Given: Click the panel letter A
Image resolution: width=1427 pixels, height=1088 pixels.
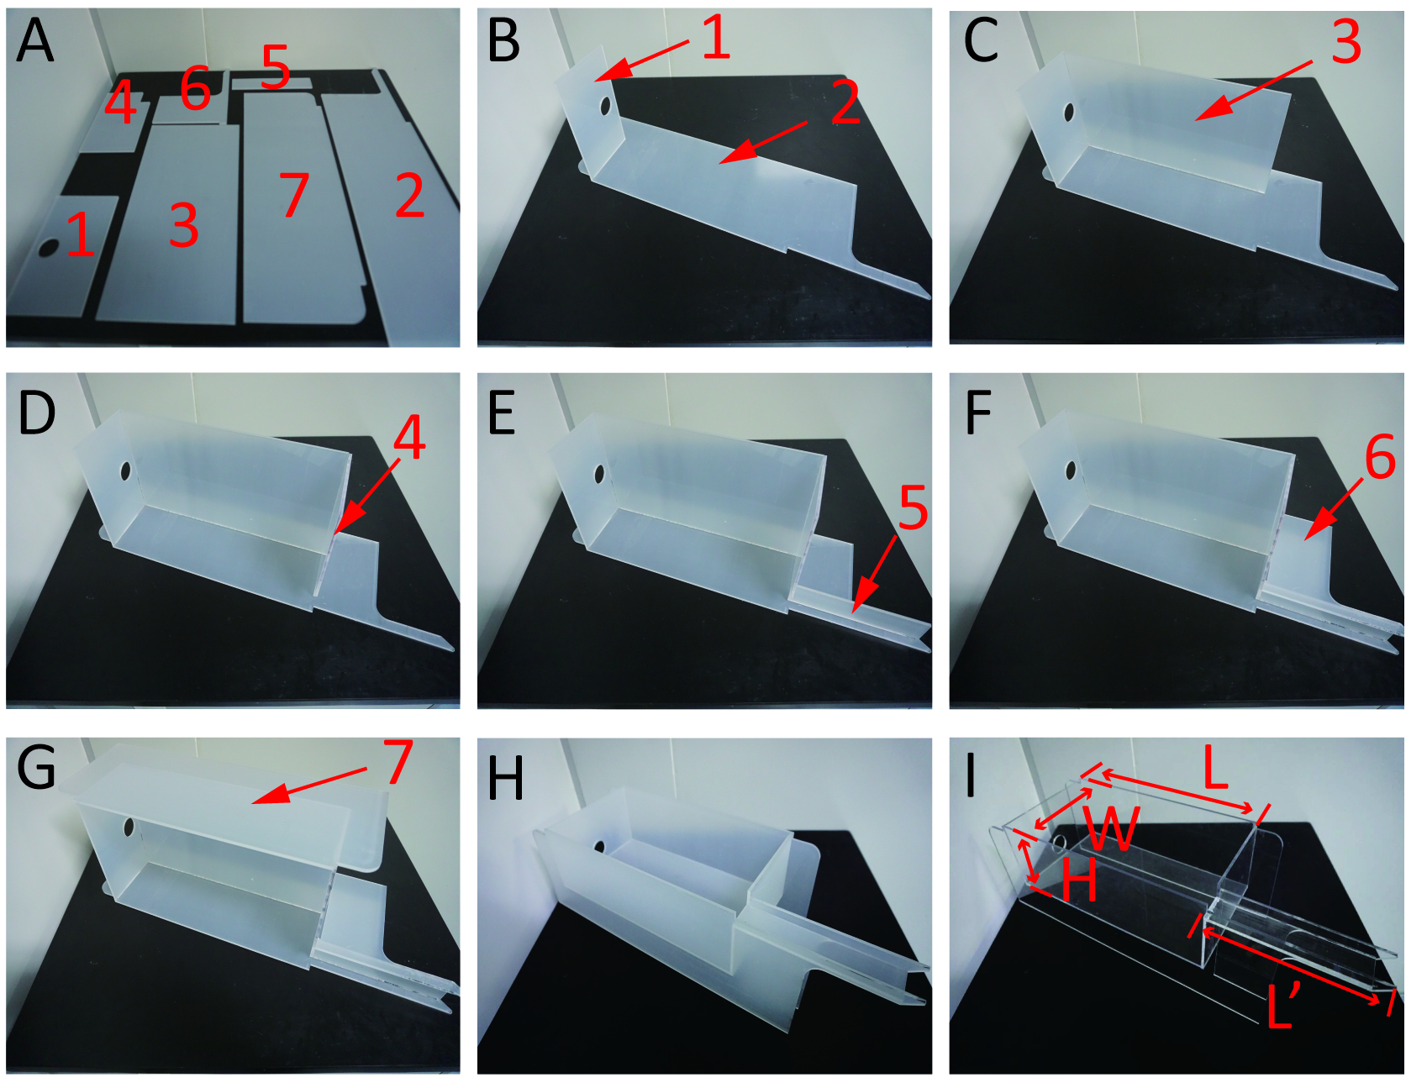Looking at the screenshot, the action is pyautogui.click(x=34, y=40).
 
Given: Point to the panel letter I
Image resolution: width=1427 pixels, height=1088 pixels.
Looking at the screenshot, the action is pyautogui.click(x=971, y=774).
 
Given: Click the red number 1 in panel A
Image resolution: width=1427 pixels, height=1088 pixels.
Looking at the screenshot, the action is pyautogui.click(x=79, y=234).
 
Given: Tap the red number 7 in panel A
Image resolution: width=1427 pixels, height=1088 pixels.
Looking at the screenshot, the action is pyautogui.click(x=294, y=194).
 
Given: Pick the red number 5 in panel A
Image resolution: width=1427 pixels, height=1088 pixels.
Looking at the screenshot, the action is pyautogui.click(x=276, y=66).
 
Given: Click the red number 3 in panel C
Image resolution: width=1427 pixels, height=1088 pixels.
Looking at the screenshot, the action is pyautogui.click(x=1345, y=41).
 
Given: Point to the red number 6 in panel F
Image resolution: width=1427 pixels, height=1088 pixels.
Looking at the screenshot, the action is pyautogui.click(x=1380, y=457).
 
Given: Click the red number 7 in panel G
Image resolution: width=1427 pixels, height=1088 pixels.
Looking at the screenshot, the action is pyautogui.click(x=398, y=761).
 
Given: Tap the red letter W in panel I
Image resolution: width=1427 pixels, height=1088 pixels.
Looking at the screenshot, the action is pyautogui.click(x=1111, y=828).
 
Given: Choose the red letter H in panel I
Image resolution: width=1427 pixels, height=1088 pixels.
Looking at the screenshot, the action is pyautogui.click(x=1079, y=880).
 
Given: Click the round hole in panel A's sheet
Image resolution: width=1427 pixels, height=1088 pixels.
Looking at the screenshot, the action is pyautogui.click(x=49, y=248).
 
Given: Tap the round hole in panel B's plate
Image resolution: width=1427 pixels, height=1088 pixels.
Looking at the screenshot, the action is pyautogui.click(x=605, y=106).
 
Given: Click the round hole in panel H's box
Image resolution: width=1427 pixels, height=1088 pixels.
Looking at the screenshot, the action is pyautogui.click(x=600, y=847).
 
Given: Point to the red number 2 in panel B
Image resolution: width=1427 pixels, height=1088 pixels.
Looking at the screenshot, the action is pyautogui.click(x=846, y=103).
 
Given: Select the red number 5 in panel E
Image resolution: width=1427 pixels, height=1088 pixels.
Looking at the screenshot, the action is pyautogui.click(x=914, y=507).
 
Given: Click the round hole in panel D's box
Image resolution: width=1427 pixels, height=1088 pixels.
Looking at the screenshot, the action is pyautogui.click(x=125, y=471).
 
